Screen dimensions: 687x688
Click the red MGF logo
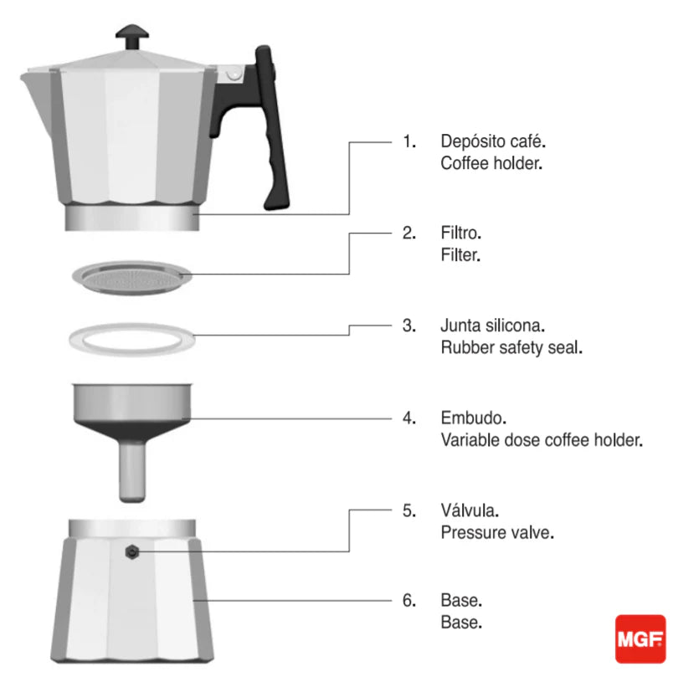[640, 639]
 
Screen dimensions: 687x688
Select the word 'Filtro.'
[461, 233]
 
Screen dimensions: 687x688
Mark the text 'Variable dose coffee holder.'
[542, 439]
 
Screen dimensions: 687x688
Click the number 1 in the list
[408, 141]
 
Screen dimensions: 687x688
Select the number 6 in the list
[408, 601]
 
